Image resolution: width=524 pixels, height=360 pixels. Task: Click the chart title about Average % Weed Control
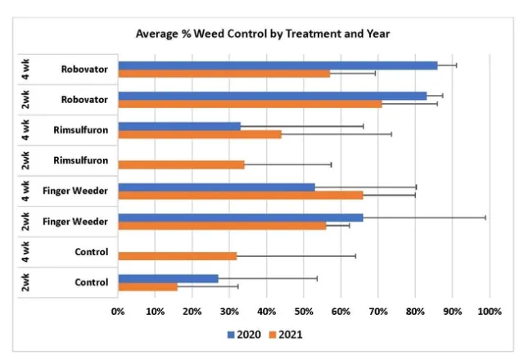[x=262, y=35]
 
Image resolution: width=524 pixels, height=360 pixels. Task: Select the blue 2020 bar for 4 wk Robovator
[x=278, y=65]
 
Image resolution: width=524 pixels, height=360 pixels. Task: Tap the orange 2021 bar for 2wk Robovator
[x=250, y=104]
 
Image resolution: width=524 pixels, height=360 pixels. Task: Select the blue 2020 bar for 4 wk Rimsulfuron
[x=179, y=126]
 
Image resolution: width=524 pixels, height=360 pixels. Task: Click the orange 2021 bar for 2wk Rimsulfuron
[x=181, y=164]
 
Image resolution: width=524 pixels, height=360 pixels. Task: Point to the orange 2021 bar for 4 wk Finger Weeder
[x=241, y=195]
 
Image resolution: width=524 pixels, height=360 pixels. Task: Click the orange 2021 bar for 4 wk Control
[x=178, y=256]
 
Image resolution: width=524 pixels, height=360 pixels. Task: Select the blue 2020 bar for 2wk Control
[x=168, y=278]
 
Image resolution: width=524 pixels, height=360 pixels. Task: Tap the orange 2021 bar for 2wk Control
[x=147, y=286]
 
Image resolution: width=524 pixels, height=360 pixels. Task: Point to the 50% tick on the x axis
[x=304, y=311]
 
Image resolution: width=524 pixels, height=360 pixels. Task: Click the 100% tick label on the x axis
[x=489, y=311]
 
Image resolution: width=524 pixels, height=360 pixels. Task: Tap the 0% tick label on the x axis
[x=118, y=311]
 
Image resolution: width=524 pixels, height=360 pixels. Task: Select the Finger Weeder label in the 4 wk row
[x=75, y=191]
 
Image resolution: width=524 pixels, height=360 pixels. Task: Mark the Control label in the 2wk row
[x=91, y=282]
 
